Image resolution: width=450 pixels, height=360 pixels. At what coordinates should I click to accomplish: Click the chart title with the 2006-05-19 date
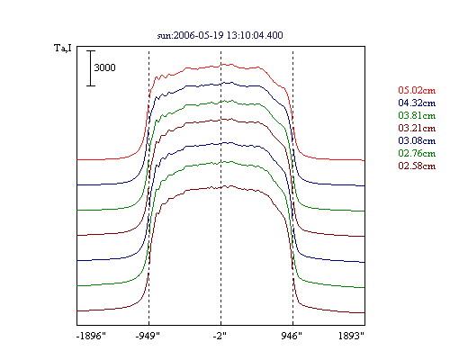220,35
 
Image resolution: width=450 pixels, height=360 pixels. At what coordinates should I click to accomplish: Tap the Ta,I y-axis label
63,48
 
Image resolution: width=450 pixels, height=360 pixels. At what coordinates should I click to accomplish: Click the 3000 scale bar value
104,67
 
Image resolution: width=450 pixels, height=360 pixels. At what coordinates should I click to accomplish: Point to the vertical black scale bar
91,68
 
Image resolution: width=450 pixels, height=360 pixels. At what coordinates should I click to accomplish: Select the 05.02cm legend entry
417,90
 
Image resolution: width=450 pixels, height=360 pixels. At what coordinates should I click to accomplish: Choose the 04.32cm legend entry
417,103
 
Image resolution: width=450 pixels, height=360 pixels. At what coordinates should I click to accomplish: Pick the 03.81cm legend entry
417,115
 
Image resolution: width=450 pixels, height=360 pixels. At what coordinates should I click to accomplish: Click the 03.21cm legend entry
417,128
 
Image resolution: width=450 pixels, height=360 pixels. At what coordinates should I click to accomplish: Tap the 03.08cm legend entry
417,140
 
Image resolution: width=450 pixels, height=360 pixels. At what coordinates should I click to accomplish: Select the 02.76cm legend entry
417,153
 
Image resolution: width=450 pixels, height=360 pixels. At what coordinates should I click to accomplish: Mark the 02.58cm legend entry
417,166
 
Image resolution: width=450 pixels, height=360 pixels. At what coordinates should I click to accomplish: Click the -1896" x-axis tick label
91,336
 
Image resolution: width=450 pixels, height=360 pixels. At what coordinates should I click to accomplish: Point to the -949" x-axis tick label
148,336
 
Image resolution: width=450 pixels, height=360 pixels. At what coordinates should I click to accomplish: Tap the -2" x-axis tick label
220,336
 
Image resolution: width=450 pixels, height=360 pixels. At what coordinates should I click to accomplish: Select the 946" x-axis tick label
292,336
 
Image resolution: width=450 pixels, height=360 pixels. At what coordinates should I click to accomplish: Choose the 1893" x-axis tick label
351,336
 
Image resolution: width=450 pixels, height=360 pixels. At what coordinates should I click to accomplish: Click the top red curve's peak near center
223,64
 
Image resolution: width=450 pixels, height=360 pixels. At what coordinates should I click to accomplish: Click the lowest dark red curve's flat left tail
99,310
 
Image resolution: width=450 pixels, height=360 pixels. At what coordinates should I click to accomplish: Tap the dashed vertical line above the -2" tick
221,185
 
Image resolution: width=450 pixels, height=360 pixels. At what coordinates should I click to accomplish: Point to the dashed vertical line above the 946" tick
292,185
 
